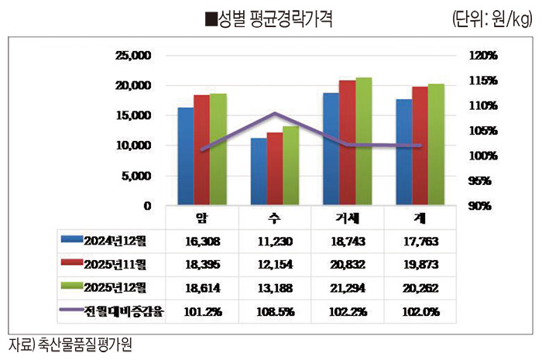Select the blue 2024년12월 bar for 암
186,156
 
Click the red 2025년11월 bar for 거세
347,142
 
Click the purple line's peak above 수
275,113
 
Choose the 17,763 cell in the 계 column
420,241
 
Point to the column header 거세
348,218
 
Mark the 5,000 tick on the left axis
135,176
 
